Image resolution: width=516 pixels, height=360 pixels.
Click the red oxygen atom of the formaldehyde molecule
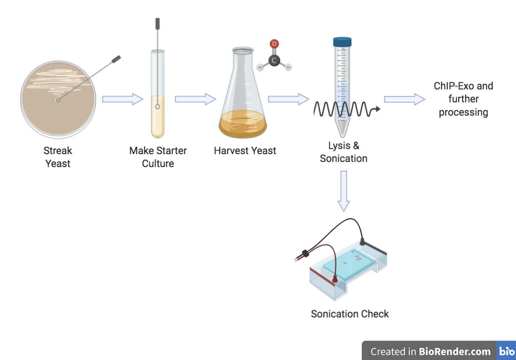[274, 44]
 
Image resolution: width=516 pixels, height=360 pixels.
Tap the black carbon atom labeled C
[275, 61]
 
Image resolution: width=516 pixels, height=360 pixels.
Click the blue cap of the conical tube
[342, 42]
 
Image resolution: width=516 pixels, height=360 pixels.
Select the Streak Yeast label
[58, 157]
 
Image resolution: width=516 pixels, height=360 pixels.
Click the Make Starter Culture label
[158, 157]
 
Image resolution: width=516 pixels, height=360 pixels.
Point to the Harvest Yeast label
[245, 151]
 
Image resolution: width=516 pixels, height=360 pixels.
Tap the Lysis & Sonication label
[344, 152]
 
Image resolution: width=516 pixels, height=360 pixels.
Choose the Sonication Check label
[350, 314]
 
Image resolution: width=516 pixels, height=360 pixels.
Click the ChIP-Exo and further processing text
[464, 99]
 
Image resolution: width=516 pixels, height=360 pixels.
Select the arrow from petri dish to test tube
[122, 99]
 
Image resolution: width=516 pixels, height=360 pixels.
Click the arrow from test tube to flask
[195, 99]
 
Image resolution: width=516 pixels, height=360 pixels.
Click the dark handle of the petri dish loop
[116, 59]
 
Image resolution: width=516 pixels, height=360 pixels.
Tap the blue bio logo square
[506, 351]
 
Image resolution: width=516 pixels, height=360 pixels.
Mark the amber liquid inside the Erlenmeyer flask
[243, 125]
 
